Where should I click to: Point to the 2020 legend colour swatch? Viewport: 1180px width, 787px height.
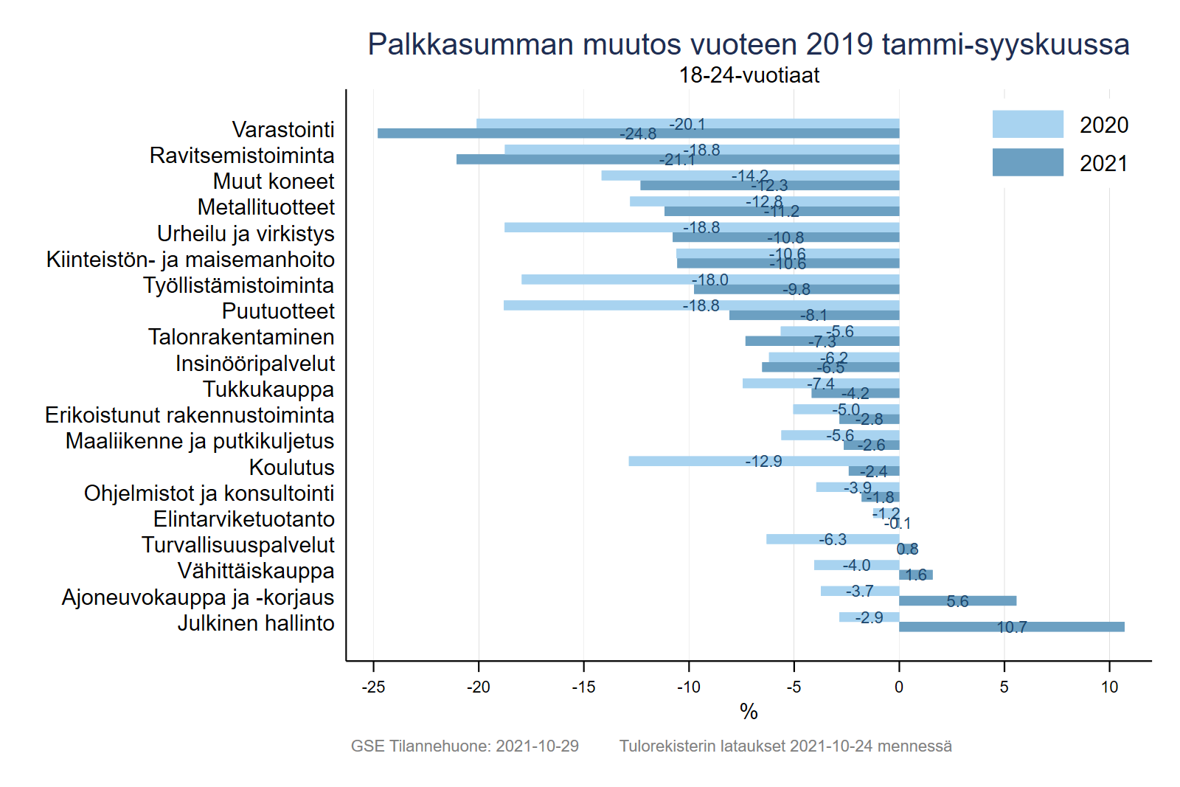point(1027,124)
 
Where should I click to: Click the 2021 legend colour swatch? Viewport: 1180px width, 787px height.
point(1027,162)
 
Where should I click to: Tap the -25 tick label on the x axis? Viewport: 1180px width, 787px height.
point(373,687)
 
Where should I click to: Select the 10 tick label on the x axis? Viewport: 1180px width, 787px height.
point(1109,687)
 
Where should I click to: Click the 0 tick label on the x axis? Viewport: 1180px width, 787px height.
point(898,687)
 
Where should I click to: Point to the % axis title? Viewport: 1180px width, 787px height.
point(749,712)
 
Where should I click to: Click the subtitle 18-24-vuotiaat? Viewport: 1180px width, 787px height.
point(749,75)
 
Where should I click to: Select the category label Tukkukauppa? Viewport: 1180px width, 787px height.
point(268,389)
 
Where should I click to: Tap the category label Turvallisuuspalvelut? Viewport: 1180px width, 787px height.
point(237,545)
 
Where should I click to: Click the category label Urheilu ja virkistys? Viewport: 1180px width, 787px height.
point(246,234)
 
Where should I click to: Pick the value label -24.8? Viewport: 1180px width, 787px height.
point(638,134)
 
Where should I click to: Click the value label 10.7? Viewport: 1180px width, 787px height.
point(1012,628)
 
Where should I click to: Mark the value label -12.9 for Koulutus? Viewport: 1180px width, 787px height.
point(763,462)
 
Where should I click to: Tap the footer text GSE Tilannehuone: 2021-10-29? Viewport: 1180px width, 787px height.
point(465,746)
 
